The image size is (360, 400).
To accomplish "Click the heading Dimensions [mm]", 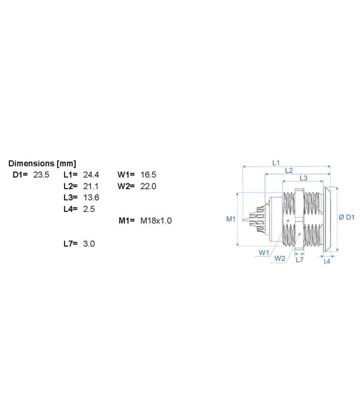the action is point(42,163).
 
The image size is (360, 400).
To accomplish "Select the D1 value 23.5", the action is point(41,174).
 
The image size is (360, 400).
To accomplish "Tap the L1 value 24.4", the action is point(91,174).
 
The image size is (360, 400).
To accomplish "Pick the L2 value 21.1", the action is point(90,186).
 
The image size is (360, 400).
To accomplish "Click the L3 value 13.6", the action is point(91,197).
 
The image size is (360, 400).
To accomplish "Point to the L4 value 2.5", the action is point(89,209).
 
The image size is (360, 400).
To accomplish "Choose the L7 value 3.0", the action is point(89,243).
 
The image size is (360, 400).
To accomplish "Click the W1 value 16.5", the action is point(148,174).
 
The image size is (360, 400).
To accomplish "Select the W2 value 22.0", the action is point(148,186).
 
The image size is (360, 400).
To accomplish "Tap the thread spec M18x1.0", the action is point(156,220).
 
